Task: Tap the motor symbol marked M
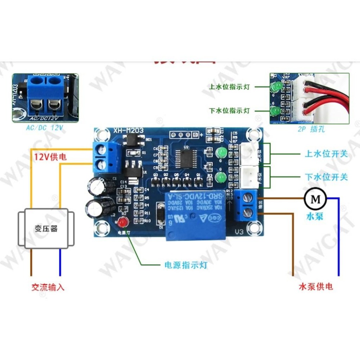click(x=315, y=198)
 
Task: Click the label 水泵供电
click(x=316, y=287)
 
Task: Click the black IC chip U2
click(x=186, y=158)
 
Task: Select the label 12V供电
click(x=50, y=157)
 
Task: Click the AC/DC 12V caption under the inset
click(x=45, y=128)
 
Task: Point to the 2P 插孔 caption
click(x=311, y=129)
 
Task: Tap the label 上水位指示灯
click(x=229, y=87)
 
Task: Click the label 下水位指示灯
click(x=229, y=111)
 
